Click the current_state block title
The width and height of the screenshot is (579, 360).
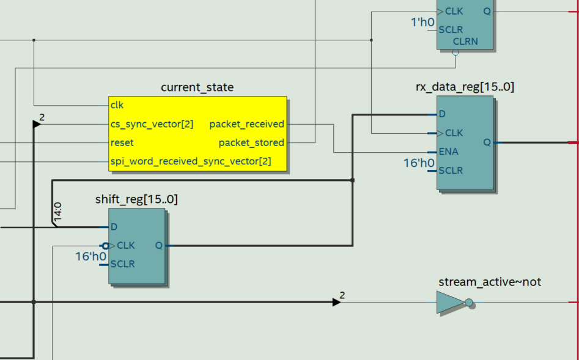tap(197, 87)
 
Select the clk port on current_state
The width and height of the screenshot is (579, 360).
tap(117, 105)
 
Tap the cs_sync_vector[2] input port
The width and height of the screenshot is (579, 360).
tap(152, 124)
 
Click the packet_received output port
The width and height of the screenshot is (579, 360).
tap(246, 124)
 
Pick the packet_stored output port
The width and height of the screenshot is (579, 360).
tap(251, 143)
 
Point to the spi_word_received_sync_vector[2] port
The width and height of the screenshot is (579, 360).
tap(191, 162)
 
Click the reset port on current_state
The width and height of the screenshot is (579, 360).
tap(122, 143)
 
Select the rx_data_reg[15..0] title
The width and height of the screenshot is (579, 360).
tap(465, 87)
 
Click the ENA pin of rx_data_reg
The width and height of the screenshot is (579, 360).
tap(448, 152)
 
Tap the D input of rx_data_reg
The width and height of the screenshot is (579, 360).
tap(442, 114)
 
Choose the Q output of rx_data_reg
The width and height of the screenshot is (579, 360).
tap(487, 142)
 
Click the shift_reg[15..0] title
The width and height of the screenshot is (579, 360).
tap(137, 199)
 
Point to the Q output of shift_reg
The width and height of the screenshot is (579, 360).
tap(159, 246)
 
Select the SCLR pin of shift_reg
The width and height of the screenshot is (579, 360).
tap(122, 265)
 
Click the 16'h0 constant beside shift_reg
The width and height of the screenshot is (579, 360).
tap(90, 256)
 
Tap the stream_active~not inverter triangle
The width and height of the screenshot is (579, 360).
tap(450, 302)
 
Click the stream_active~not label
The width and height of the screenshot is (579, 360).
tap(489, 282)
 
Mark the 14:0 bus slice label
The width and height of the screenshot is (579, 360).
tap(57, 211)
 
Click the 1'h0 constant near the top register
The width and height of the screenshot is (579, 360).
tap(422, 22)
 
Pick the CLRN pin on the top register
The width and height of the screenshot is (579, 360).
tap(465, 42)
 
